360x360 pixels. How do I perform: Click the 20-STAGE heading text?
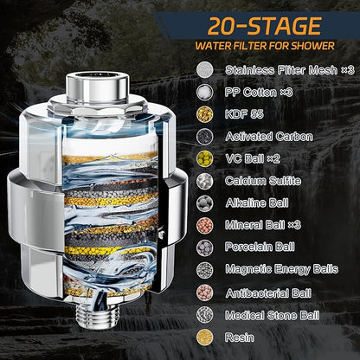click(x=264, y=26)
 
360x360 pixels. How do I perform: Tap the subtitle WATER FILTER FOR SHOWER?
click(x=265, y=46)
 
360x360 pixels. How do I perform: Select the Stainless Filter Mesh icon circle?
click(x=205, y=70)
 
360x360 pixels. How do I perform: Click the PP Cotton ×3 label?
click(x=259, y=93)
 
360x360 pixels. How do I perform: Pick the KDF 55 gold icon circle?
click(x=205, y=114)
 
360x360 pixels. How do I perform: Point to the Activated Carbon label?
click(x=269, y=137)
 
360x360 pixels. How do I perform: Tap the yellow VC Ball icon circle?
click(x=205, y=158)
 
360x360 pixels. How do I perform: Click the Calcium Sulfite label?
click(x=263, y=181)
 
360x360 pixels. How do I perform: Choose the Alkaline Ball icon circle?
click(x=205, y=203)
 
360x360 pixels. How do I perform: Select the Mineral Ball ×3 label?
click(x=263, y=225)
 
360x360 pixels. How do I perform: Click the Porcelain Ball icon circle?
click(x=205, y=247)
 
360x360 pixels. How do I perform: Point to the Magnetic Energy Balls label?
click(x=282, y=269)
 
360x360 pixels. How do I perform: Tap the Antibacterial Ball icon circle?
click(x=205, y=292)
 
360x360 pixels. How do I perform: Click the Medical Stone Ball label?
click(x=273, y=315)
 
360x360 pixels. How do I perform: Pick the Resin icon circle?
click(x=205, y=337)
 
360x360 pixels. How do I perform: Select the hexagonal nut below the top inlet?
click(x=97, y=109)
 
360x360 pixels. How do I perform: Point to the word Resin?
click(x=240, y=337)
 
